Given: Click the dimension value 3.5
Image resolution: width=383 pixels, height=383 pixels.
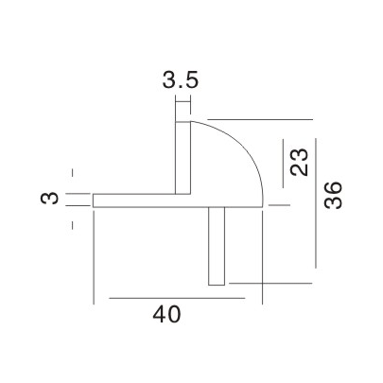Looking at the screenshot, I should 180,81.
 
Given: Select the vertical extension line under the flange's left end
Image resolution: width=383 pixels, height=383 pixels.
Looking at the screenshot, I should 94,255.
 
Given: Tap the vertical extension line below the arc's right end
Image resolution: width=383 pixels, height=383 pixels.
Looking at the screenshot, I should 261,255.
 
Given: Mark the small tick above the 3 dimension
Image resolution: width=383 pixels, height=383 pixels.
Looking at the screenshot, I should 73,173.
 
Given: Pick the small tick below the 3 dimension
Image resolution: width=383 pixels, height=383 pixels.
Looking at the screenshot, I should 73,225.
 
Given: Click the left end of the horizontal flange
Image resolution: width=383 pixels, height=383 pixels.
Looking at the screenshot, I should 95,200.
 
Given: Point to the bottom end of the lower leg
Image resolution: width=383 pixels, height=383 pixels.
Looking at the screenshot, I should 217,283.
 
